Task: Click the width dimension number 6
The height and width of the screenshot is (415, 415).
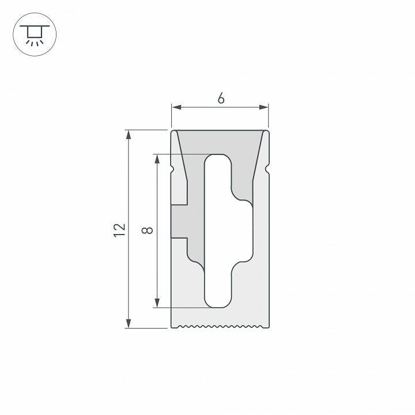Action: click(x=221, y=98)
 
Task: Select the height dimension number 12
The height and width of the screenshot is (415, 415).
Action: click(x=119, y=229)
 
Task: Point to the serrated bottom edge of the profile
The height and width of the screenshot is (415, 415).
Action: click(x=220, y=327)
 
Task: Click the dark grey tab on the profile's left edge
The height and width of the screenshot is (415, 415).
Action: click(x=179, y=221)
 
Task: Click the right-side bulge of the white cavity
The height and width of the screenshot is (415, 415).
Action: click(x=247, y=231)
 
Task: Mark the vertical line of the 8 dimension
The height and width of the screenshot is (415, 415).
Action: click(x=157, y=231)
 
